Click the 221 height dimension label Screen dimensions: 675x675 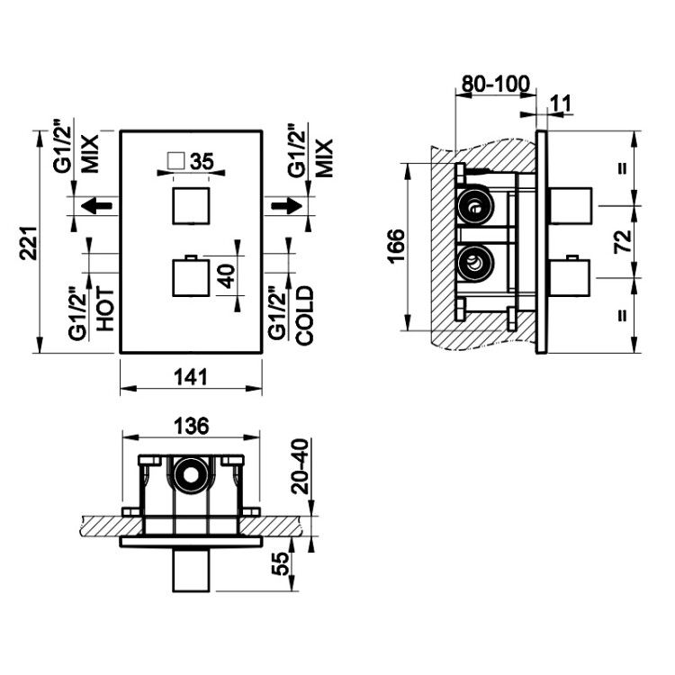tap(28, 243)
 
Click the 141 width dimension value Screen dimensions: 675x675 tap(191, 377)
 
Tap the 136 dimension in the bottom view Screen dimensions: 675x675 tap(191, 427)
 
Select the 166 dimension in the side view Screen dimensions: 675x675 tap(396, 247)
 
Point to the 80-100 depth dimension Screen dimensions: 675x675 tap(496, 84)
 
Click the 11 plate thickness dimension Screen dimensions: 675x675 tap(561, 103)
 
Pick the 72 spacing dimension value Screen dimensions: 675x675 tap(624, 242)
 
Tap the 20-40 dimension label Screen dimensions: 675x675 tap(300, 466)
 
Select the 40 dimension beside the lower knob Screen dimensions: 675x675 tap(227, 276)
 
